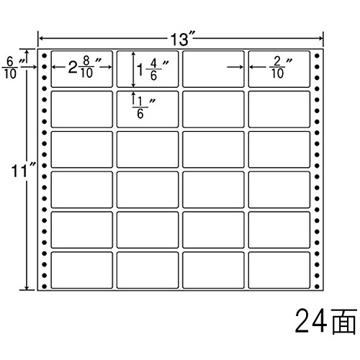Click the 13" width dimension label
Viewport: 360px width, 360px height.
click(x=182, y=38)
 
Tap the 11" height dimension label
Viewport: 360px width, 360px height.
click(x=23, y=171)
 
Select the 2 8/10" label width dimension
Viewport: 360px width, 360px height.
click(x=84, y=68)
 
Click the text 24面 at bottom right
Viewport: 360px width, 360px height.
click(x=325, y=321)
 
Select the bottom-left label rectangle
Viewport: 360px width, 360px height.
click(x=82, y=270)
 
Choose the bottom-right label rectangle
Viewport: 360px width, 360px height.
click(x=279, y=270)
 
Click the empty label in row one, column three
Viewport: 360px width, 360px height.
click(x=213, y=69)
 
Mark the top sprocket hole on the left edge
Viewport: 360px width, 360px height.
click(x=44, y=56)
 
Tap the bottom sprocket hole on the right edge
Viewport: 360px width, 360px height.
click(x=317, y=287)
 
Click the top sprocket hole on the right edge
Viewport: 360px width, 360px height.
click(x=317, y=56)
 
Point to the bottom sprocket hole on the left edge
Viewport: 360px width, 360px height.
click(x=44, y=287)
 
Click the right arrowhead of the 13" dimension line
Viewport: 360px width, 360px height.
click(x=321, y=38)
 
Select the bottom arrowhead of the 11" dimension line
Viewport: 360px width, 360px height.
click(x=27, y=287)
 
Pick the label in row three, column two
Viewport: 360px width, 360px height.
click(x=148, y=149)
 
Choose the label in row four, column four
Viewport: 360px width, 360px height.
click(x=279, y=189)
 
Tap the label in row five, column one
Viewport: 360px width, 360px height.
click(x=82, y=230)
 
